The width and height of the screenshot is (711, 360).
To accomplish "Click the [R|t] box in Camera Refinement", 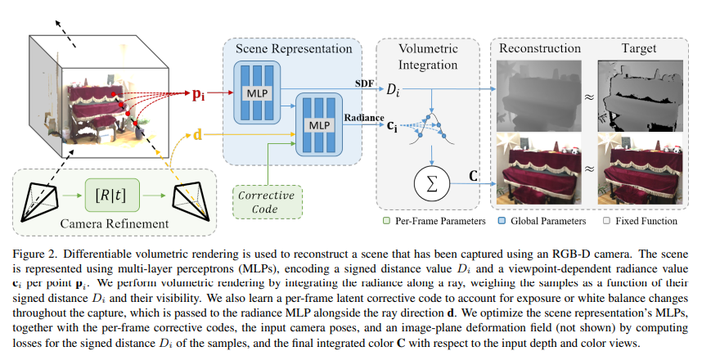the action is pos(112,195).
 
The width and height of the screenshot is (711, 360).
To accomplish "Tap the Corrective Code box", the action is pos(267,202).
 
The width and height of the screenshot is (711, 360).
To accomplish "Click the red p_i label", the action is pos(198,94).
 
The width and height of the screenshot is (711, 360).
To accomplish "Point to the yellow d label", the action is pos(197,135).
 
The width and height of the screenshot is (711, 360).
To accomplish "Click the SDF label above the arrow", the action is pos(364,83).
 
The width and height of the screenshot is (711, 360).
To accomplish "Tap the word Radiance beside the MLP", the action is pos(364,118).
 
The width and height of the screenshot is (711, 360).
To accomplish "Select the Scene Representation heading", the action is pos(294,49).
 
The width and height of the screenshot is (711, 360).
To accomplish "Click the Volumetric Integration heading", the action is pos(428,56).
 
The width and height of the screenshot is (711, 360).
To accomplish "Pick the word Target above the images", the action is pos(638,48).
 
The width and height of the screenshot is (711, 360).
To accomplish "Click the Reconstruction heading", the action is pos(540,48).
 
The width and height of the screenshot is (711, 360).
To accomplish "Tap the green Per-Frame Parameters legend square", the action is pos(386,221).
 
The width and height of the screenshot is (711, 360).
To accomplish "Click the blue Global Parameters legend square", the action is pos(502,221).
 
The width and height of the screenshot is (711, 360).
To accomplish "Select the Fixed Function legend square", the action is pos(606,221).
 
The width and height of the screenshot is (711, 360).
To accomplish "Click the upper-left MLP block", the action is pos(257,93).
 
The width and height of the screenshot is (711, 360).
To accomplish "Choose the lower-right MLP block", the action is pos(319,124).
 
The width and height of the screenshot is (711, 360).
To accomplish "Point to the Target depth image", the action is pos(641,96).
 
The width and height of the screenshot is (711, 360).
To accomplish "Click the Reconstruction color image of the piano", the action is pos(538,169).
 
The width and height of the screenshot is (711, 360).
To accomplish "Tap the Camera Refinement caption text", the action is pos(115,223).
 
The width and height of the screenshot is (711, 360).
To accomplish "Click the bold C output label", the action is pos(474,175).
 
